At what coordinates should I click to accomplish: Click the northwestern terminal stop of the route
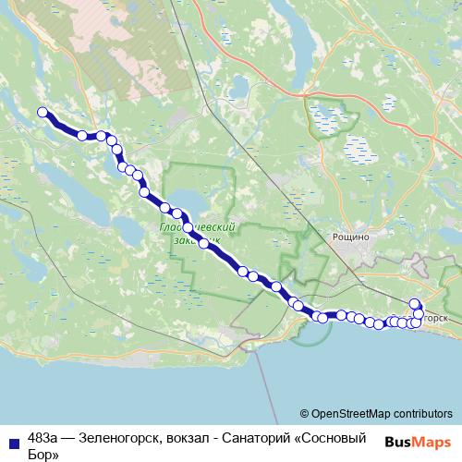pos(42,113)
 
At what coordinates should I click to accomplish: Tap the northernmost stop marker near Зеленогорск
pos(414,304)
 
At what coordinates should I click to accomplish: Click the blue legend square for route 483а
pos(13,440)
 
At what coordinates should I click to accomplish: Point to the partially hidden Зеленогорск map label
pos(438,318)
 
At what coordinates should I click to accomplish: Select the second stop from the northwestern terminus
pos(82,136)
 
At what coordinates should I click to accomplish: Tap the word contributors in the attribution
pos(419,414)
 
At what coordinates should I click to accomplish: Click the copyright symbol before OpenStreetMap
pos(305,414)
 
